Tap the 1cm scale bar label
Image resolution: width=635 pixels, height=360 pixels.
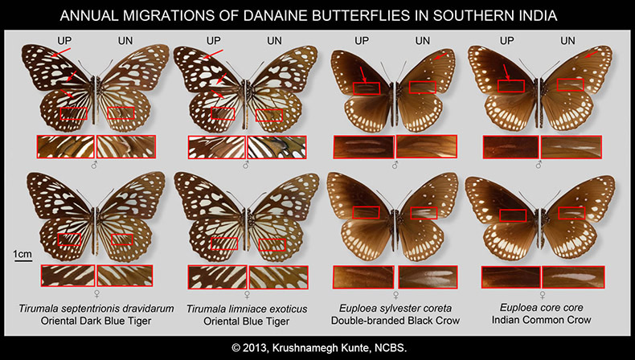(x=23, y=254)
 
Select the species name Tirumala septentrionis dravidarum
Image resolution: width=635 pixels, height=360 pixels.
(x=96, y=309)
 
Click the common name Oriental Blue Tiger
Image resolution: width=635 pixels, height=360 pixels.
(x=246, y=321)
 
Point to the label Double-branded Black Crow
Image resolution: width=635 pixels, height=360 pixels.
(x=395, y=321)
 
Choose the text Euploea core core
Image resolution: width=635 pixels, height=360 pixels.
(x=542, y=307)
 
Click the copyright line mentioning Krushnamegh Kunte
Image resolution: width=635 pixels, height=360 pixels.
(x=319, y=347)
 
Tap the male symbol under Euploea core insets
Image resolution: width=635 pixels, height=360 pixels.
(x=539, y=165)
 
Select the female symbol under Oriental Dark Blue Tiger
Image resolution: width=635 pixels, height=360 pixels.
(x=97, y=293)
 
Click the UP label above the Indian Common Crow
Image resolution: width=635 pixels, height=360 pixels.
(x=507, y=40)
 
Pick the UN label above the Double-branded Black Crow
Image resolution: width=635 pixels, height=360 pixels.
(x=422, y=40)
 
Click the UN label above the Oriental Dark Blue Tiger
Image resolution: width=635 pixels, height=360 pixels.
(x=125, y=40)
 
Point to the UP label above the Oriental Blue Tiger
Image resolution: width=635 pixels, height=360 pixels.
(x=214, y=40)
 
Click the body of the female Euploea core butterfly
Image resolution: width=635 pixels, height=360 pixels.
(x=539, y=226)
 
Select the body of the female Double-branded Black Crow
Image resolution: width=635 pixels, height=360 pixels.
(x=394, y=227)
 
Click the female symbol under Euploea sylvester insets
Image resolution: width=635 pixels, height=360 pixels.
(x=395, y=294)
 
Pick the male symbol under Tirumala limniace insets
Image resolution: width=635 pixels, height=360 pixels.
(x=245, y=165)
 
